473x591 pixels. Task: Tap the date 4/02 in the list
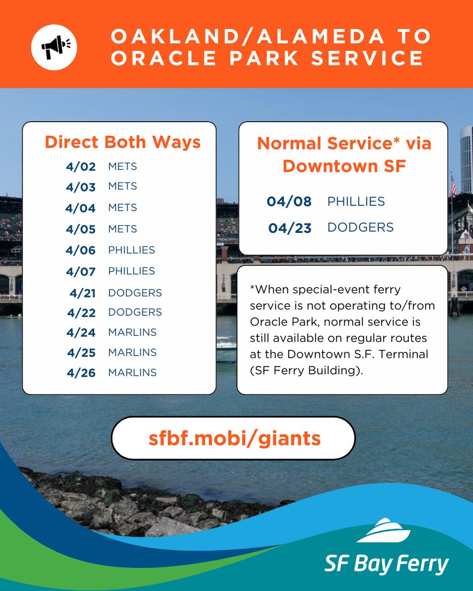coord(80,166)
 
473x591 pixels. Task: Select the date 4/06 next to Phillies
coord(80,250)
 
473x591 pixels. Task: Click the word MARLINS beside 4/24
coord(132,332)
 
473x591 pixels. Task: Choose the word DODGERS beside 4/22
coord(135,312)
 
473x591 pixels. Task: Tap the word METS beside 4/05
coord(122,229)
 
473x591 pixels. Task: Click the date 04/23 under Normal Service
coord(290,228)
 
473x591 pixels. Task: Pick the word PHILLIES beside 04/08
coord(356,201)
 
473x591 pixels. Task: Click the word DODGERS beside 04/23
coord(360,228)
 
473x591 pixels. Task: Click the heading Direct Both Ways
coord(122,142)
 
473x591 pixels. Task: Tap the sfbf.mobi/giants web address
coord(234,438)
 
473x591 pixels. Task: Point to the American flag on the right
coord(453,186)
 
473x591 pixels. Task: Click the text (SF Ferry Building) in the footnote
coord(306,370)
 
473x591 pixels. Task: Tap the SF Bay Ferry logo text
coord(386,563)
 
